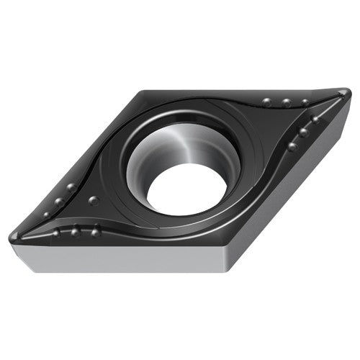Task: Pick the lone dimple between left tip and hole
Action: point(94,200)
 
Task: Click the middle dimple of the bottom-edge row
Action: point(75,232)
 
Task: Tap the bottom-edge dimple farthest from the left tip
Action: point(95,232)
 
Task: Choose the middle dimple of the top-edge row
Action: point(286,103)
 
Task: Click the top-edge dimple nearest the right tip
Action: point(305,102)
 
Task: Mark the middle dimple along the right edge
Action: point(304,132)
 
